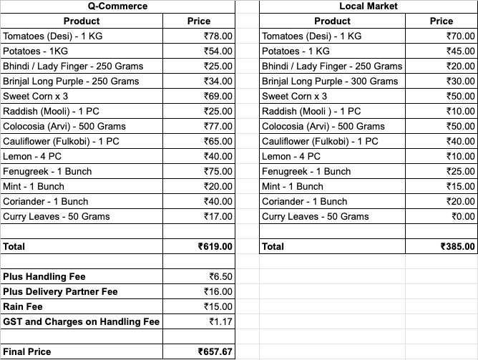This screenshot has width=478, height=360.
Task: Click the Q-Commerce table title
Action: (x=117, y=6)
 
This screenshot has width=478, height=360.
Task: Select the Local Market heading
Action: (x=367, y=6)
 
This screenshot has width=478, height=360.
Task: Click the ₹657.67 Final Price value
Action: (x=215, y=351)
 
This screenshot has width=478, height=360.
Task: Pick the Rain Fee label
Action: (x=24, y=306)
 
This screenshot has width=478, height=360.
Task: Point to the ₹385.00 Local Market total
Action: (x=458, y=246)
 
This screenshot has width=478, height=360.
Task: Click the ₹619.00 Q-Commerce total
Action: (x=215, y=246)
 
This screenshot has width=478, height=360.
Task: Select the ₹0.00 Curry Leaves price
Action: (x=461, y=216)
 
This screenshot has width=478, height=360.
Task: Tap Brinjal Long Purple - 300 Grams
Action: (x=330, y=81)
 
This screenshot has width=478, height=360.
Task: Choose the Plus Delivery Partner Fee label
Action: (x=60, y=291)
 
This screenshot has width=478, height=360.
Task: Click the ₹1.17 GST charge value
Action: (x=221, y=321)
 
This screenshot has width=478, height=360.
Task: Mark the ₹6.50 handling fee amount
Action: (x=221, y=276)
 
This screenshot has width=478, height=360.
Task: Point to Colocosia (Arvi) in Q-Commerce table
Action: (x=64, y=126)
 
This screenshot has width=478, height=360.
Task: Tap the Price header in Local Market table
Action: (x=442, y=21)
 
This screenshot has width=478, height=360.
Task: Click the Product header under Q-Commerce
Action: (x=82, y=21)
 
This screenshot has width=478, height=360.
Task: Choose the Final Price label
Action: (x=26, y=351)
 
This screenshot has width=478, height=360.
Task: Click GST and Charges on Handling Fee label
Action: (x=82, y=321)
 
